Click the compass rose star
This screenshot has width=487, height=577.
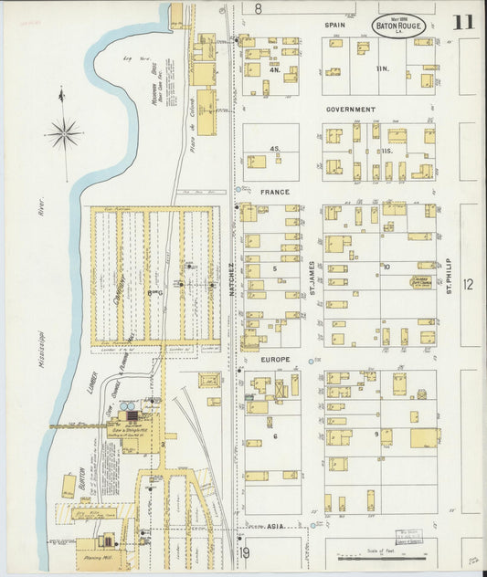click(x=63, y=133)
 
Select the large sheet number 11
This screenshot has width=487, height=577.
click(x=462, y=23)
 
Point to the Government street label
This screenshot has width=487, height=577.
click(x=351, y=109)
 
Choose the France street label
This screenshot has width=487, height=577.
click(x=274, y=193)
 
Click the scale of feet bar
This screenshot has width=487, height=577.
click(x=379, y=554)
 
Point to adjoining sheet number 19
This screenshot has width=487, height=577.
click(x=245, y=553)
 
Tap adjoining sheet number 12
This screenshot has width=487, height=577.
click(x=469, y=286)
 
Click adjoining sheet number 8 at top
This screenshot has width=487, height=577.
click(x=259, y=8)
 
